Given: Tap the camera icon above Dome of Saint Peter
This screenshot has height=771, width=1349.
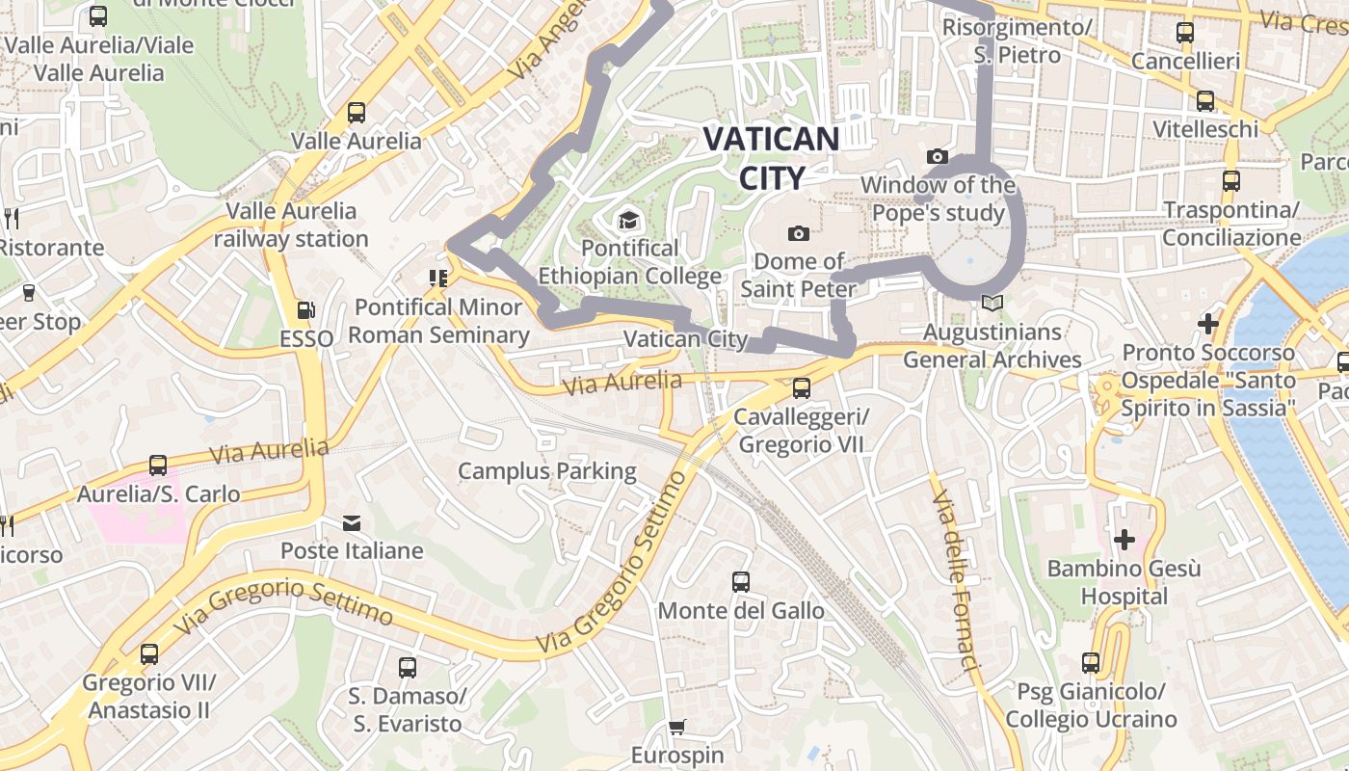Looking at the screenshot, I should coord(798,233).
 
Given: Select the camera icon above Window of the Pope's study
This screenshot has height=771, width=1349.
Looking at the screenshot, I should coord(937,156).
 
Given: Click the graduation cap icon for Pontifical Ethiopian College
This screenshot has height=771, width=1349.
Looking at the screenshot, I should coord(628,221).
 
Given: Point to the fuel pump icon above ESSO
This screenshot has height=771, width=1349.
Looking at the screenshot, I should coord(305,310).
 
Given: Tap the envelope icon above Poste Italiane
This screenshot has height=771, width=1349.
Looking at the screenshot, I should coord(352,523).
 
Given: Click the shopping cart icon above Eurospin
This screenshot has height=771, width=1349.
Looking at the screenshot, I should coord(677,728).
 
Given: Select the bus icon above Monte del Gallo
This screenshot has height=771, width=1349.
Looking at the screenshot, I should coord(740,582).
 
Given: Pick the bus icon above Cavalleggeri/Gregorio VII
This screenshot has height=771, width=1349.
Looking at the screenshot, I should coord(801,388).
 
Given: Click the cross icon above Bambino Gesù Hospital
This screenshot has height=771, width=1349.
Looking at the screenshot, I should coord(1124,540).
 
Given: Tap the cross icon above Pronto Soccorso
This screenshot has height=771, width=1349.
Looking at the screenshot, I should coord(1207,324).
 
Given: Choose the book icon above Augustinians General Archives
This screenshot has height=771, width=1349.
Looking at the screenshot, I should coord(992,304).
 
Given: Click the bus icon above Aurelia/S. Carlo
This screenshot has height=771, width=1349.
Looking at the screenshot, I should coord(158,465).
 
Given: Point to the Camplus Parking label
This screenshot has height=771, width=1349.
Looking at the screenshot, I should coord(546,471).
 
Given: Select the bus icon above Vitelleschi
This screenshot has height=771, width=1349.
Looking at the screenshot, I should coord(1204,101).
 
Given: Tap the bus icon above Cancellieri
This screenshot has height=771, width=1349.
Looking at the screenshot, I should coord(1185,33).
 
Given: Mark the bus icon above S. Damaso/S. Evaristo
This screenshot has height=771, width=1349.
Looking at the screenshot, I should coord(407,667).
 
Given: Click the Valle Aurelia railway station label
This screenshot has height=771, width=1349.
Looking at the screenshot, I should coord(291,225).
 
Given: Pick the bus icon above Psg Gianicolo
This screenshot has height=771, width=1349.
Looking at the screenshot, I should coord(1091,663).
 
